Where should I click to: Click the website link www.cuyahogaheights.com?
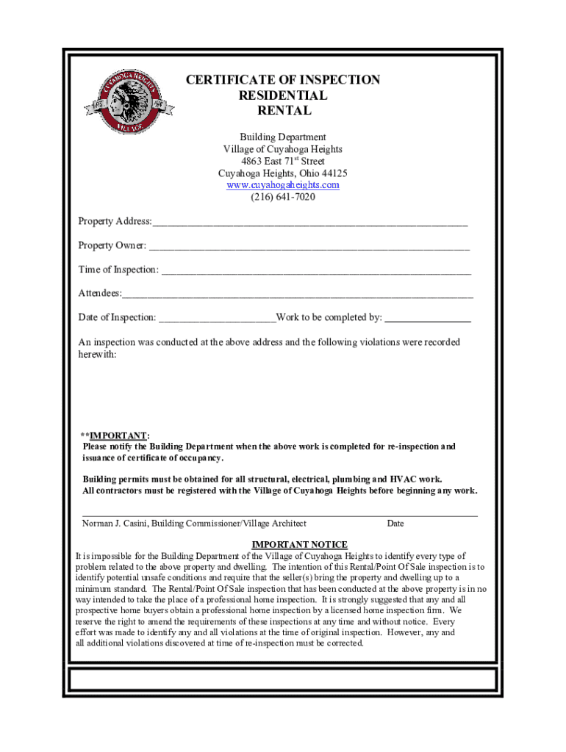pyautogui.click(x=282, y=185)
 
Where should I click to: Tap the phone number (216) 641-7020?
pyautogui.click(x=282, y=197)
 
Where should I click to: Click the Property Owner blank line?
pyautogui.click(x=309, y=247)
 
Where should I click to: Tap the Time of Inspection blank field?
pyautogui.click(x=316, y=271)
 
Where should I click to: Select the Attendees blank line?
pyautogui.click(x=298, y=294)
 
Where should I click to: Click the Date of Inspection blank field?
pyautogui.click(x=217, y=319)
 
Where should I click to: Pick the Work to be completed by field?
pyautogui.click(x=428, y=319)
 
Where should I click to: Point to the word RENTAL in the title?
pyautogui.click(x=283, y=112)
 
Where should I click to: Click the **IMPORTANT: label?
pyautogui.click(x=115, y=435)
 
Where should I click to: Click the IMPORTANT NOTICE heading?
pyautogui.click(x=299, y=544)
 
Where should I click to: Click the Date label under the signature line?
pyautogui.click(x=395, y=524)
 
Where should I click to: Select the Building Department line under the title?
pyautogui.click(x=282, y=137)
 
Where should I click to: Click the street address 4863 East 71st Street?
pyautogui.click(x=282, y=162)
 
